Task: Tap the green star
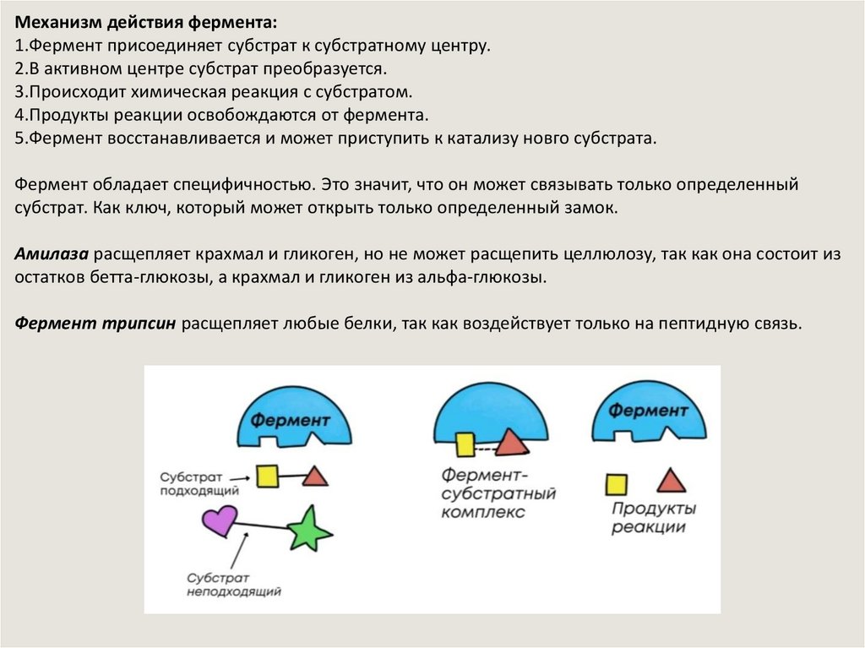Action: coord(308,530)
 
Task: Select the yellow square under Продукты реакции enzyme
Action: coord(617,484)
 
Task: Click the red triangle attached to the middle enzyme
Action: coord(512,442)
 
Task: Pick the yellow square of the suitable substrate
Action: coord(268,476)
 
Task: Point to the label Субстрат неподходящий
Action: coord(233,585)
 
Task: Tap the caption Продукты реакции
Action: coord(654,518)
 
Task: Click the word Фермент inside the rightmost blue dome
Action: coord(649,411)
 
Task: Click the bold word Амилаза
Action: coord(52,254)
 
